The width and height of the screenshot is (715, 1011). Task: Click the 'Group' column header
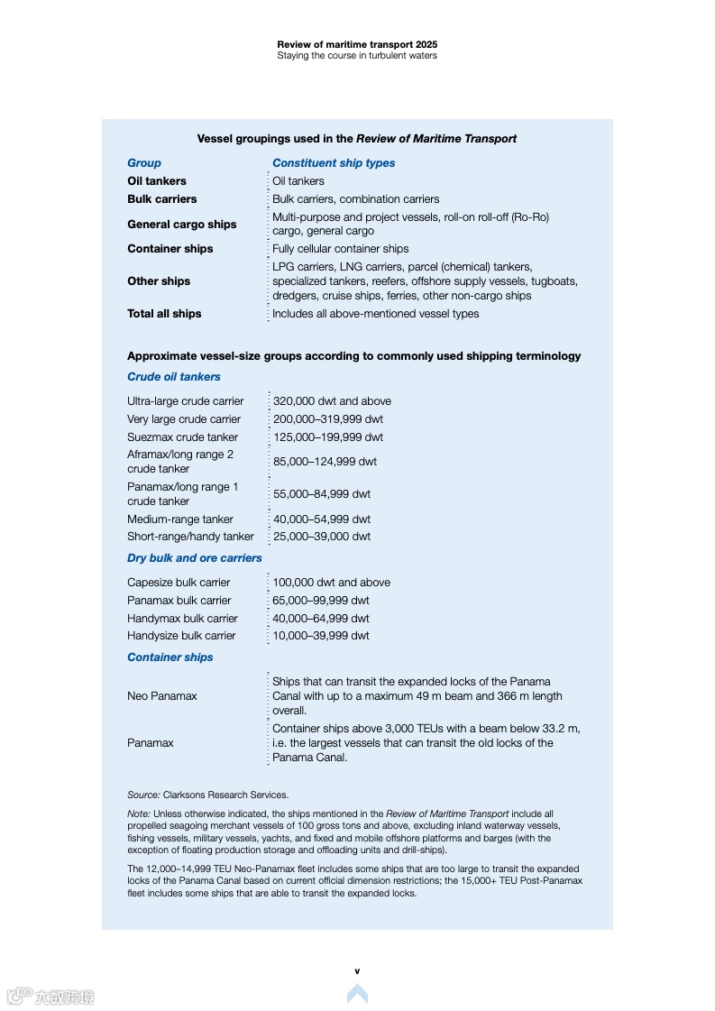coord(144,163)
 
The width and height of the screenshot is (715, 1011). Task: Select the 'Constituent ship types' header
coord(334,163)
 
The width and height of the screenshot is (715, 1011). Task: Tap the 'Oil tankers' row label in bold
coord(157,181)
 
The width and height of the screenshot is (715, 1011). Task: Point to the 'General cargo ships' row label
coord(182,225)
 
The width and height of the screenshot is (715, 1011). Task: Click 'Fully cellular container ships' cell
coord(341,249)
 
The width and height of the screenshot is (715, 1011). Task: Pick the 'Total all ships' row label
coord(164,314)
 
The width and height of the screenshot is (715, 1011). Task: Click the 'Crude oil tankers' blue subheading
coord(174,377)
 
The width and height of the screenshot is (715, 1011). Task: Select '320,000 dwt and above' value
coord(332,401)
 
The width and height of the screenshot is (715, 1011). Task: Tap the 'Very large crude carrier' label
coord(184,419)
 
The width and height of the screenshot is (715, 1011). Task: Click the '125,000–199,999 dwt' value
coord(328,437)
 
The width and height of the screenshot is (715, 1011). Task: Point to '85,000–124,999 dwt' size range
coord(325,462)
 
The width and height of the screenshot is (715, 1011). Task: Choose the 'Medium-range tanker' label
coord(180,519)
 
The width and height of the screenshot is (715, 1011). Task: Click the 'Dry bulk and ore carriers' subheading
coord(195,558)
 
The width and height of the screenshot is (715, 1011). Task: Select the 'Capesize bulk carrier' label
coord(179,583)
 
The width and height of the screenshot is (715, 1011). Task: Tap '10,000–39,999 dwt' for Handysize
coord(321,636)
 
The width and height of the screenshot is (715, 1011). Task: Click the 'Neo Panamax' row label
coord(162,696)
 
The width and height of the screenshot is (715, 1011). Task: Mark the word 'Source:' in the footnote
coord(143,795)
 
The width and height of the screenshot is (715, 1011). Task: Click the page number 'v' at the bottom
coord(357,971)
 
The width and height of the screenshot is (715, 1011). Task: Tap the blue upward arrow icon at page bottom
coord(357,994)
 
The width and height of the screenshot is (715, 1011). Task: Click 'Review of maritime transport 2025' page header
coord(357,43)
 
